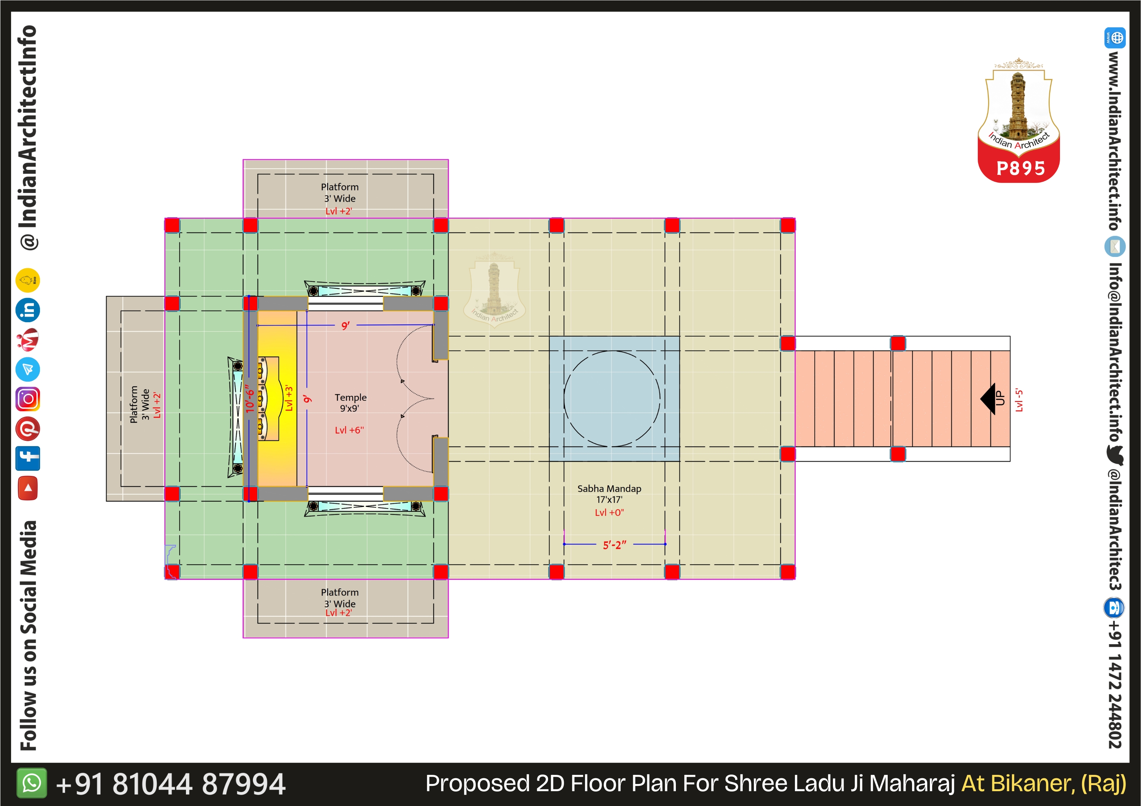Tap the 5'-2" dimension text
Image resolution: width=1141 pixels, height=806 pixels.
tap(615, 545)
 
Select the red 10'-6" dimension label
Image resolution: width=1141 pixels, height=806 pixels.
tap(250, 398)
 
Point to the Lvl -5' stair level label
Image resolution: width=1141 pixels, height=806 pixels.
tap(1019, 400)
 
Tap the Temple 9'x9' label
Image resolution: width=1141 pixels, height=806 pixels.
tap(350, 403)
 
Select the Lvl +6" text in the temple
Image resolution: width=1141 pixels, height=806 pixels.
tap(350, 430)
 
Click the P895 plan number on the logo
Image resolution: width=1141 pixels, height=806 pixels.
tap(1021, 168)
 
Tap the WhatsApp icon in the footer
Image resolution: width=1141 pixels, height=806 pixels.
tap(32, 783)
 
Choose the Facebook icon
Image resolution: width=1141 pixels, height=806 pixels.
tap(28, 458)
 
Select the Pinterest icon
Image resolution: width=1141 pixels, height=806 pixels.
tap(28, 429)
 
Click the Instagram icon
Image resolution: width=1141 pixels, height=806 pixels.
tap(28, 399)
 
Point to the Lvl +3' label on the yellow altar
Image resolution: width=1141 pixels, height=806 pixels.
tap(289, 398)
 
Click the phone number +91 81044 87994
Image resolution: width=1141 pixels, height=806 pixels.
tap(170, 784)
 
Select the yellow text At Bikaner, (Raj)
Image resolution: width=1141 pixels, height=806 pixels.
tap(1044, 784)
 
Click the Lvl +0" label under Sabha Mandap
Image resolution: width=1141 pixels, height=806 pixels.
tap(609, 513)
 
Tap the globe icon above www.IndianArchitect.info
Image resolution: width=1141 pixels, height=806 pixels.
tap(1115, 38)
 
